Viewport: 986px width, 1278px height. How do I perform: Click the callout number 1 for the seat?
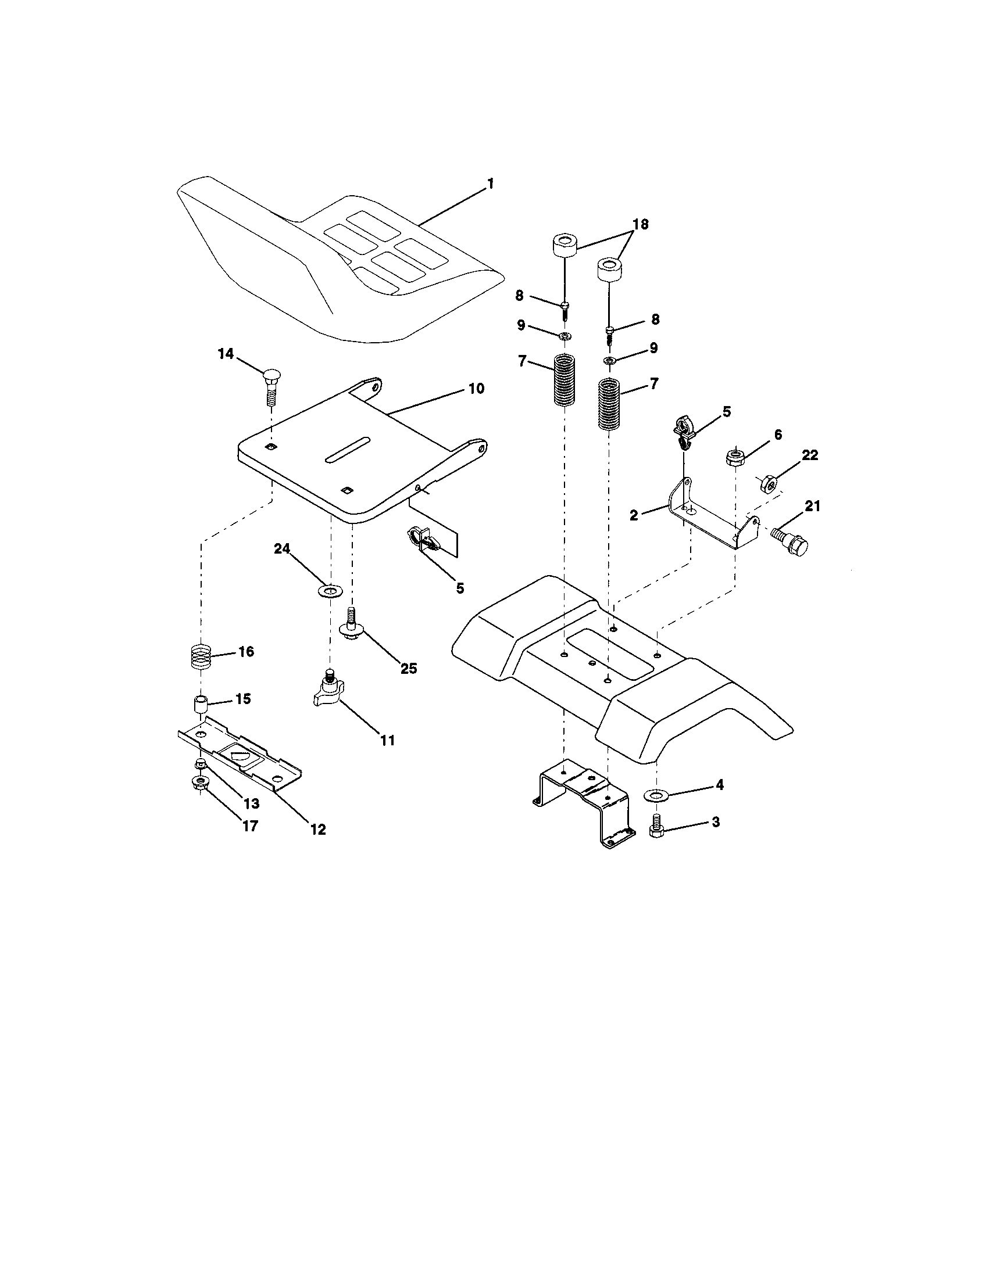click(x=490, y=184)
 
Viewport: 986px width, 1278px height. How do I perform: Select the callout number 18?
click(x=640, y=225)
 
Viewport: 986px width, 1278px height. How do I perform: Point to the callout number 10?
click(x=476, y=389)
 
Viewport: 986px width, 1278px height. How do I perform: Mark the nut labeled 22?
click(x=766, y=483)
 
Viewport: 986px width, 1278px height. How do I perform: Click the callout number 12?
click(x=317, y=829)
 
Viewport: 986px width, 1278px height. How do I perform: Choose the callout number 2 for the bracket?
click(x=634, y=515)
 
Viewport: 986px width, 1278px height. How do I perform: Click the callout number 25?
click(x=408, y=668)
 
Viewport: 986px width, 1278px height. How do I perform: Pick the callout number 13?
click(x=252, y=803)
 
